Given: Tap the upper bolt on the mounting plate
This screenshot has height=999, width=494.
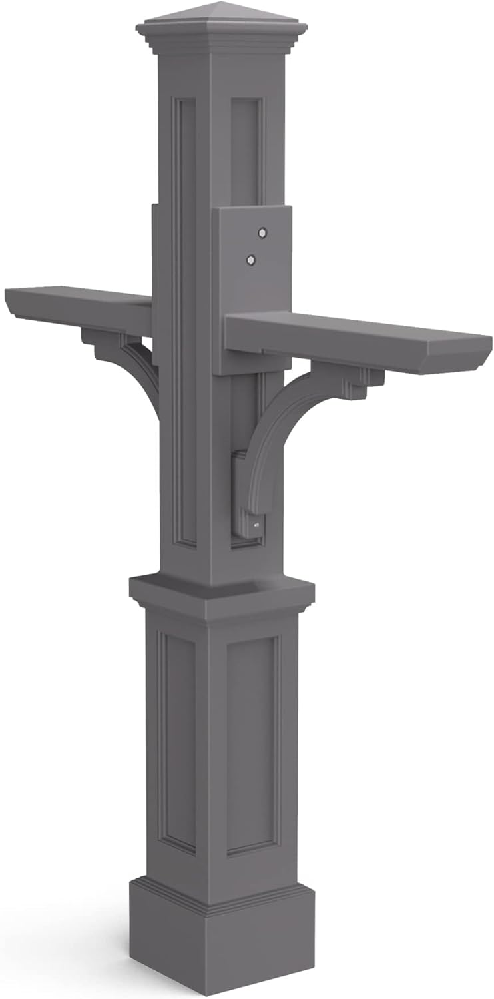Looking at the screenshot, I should tap(262, 232).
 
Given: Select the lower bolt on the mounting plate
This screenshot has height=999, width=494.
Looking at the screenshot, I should tap(251, 259).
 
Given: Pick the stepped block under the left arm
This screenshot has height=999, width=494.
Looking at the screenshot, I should tap(100, 340).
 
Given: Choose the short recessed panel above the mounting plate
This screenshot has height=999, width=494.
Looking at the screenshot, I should tap(246, 150).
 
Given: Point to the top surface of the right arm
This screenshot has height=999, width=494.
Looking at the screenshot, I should tap(360, 326).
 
